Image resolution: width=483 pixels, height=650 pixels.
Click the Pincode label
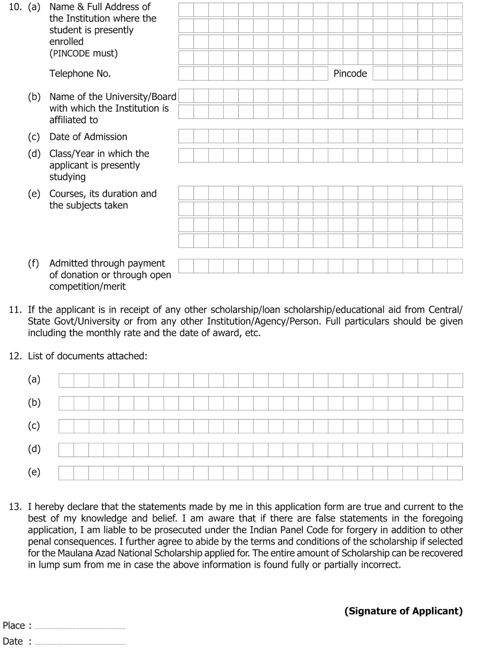(x=350, y=74)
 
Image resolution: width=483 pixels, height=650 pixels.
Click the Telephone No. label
(x=80, y=74)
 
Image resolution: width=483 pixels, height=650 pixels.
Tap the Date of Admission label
(x=88, y=137)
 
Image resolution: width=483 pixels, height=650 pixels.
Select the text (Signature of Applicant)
(x=403, y=611)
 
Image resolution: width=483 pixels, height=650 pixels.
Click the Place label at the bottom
(x=14, y=625)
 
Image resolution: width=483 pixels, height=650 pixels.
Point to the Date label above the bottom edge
(x=13, y=641)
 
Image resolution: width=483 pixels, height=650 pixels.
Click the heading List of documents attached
(x=87, y=356)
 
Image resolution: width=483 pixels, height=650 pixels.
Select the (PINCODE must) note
(x=83, y=53)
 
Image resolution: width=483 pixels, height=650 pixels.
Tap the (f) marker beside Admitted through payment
(x=34, y=263)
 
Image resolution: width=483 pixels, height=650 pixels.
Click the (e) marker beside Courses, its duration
(x=34, y=194)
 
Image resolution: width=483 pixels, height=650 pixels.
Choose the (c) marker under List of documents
(x=34, y=426)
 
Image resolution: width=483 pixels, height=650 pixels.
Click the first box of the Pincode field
(x=380, y=74)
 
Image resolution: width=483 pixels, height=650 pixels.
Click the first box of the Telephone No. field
(x=186, y=74)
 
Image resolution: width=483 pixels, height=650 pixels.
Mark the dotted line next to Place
(x=80, y=628)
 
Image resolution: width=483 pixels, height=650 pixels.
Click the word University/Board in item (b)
(x=141, y=97)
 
